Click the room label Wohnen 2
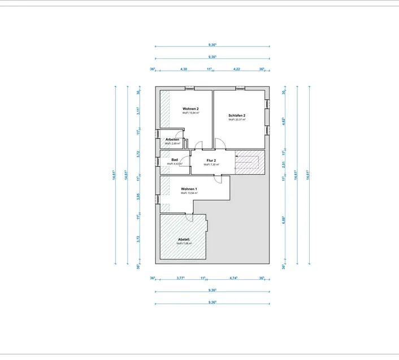click(190, 108)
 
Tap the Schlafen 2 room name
click(236, 115)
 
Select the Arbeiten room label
click(172, 140)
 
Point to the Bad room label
click(175, 160)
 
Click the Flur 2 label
click(211, 161)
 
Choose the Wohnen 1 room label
click(189, 188)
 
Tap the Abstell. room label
click(184, 239)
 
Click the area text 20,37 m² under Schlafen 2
click(236, 120)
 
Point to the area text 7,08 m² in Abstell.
click(184, 244)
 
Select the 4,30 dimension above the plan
click(184, 69)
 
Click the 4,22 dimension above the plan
click(237, 69)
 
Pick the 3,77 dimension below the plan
click(180, 278)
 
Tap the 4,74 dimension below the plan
click(233, 278)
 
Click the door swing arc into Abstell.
click(191, 218)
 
